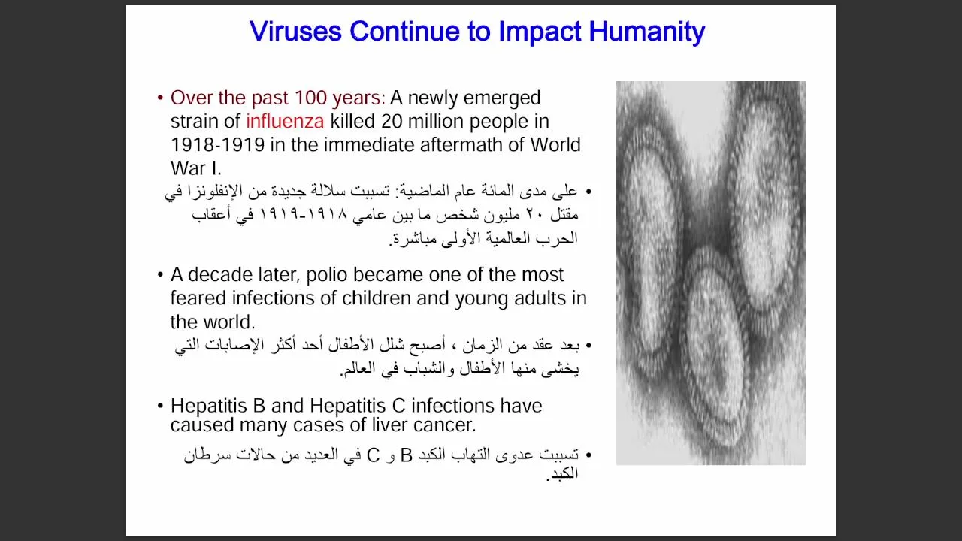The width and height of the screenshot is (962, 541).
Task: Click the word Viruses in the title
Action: tap(295, 31)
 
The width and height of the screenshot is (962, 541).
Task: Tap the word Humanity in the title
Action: tap(647, 32)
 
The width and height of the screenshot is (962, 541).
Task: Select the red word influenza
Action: tap(285, 121)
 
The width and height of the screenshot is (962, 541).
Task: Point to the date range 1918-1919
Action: tap(217, 145)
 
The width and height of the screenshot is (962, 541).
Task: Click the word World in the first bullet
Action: tap(555, 145)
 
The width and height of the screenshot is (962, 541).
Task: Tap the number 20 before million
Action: tap(392, 121)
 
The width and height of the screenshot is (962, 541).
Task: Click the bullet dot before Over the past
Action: tap(161, 98)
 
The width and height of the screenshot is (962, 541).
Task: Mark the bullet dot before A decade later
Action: tap(161, 274)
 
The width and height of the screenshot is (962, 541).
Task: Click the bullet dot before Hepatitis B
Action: tap(161, 405)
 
